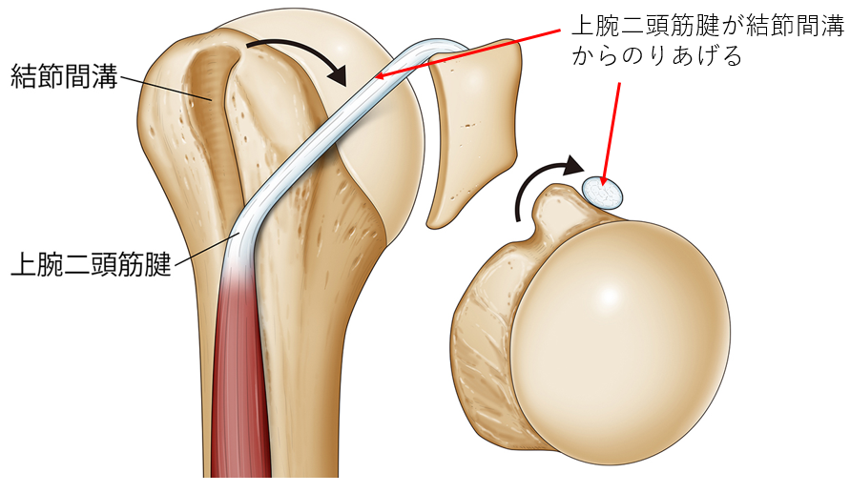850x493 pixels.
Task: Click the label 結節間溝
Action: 64,76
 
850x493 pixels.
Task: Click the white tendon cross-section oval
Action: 603,192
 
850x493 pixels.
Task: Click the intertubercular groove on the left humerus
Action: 210,105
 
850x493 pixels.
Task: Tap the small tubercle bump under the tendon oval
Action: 553,205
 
